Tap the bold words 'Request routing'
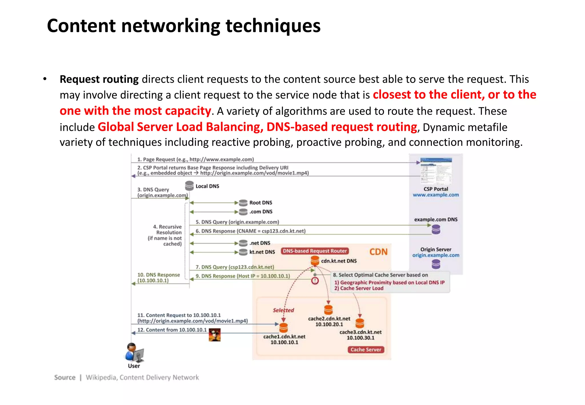99,79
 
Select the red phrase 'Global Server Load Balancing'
180,127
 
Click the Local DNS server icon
189,186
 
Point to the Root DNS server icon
243,203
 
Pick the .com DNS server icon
243,212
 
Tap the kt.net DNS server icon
243,252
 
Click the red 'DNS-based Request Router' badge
314,251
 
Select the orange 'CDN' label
378,252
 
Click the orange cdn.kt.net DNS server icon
315,260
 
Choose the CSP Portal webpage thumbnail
436,171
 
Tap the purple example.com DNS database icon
436,229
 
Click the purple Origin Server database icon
436,264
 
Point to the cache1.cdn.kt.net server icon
283,328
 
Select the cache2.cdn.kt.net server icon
328,310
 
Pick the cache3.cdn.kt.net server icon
360,323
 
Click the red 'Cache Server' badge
366,350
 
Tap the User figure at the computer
134,352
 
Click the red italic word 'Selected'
283,310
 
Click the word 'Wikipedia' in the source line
101,378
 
